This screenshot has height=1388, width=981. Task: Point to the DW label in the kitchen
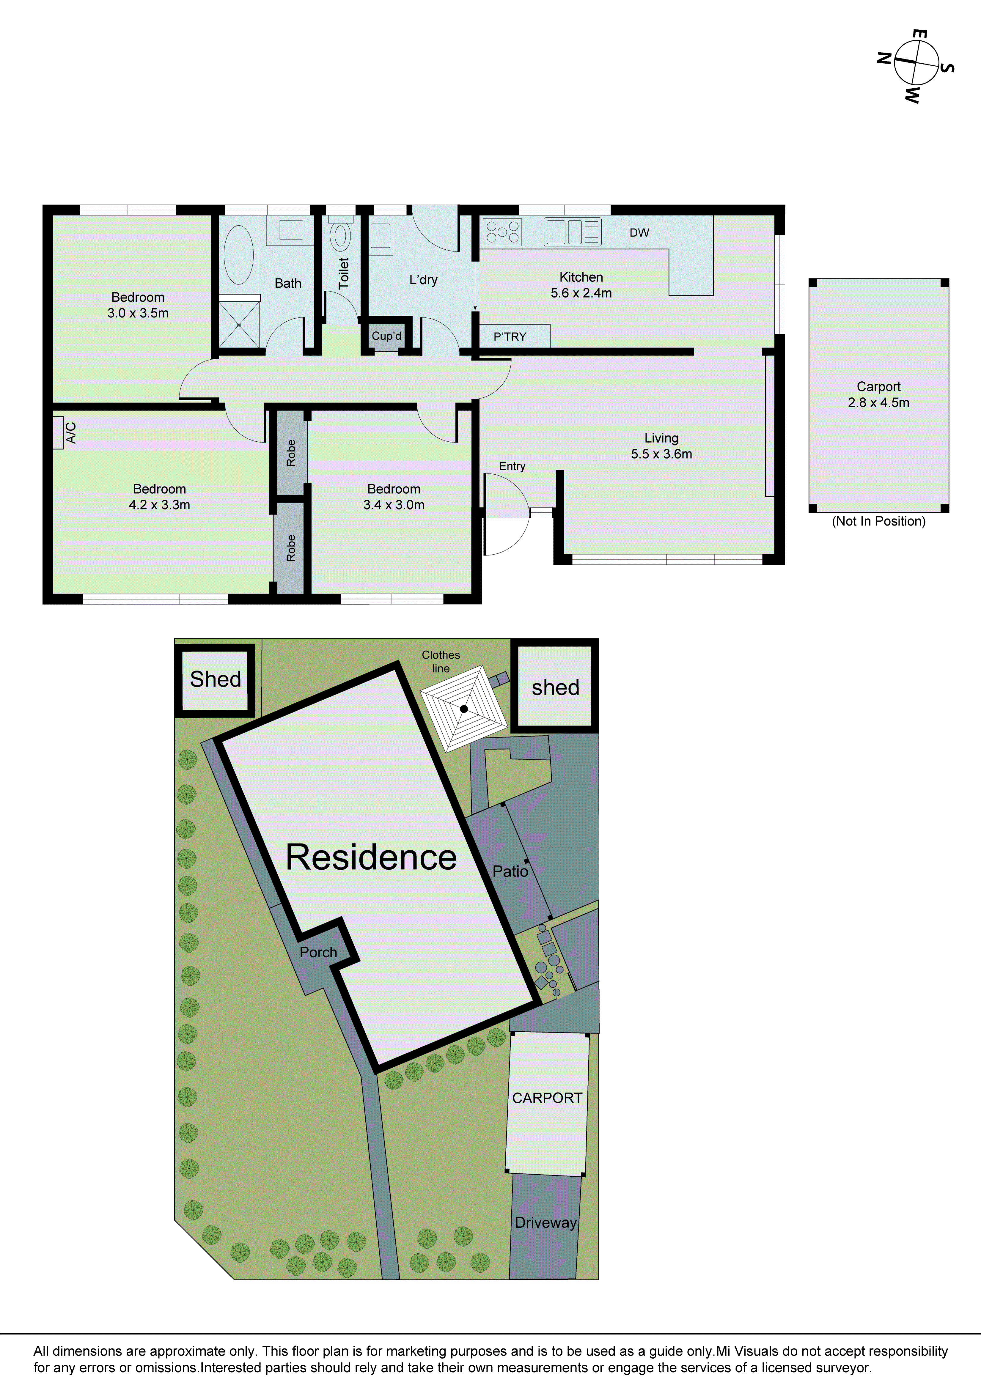(639, 233)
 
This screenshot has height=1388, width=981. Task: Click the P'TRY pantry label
(510, 337)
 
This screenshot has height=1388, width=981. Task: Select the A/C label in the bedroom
(70, 433)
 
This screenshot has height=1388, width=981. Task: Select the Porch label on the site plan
(318, 952)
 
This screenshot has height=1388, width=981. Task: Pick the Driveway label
(545, 1222)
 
